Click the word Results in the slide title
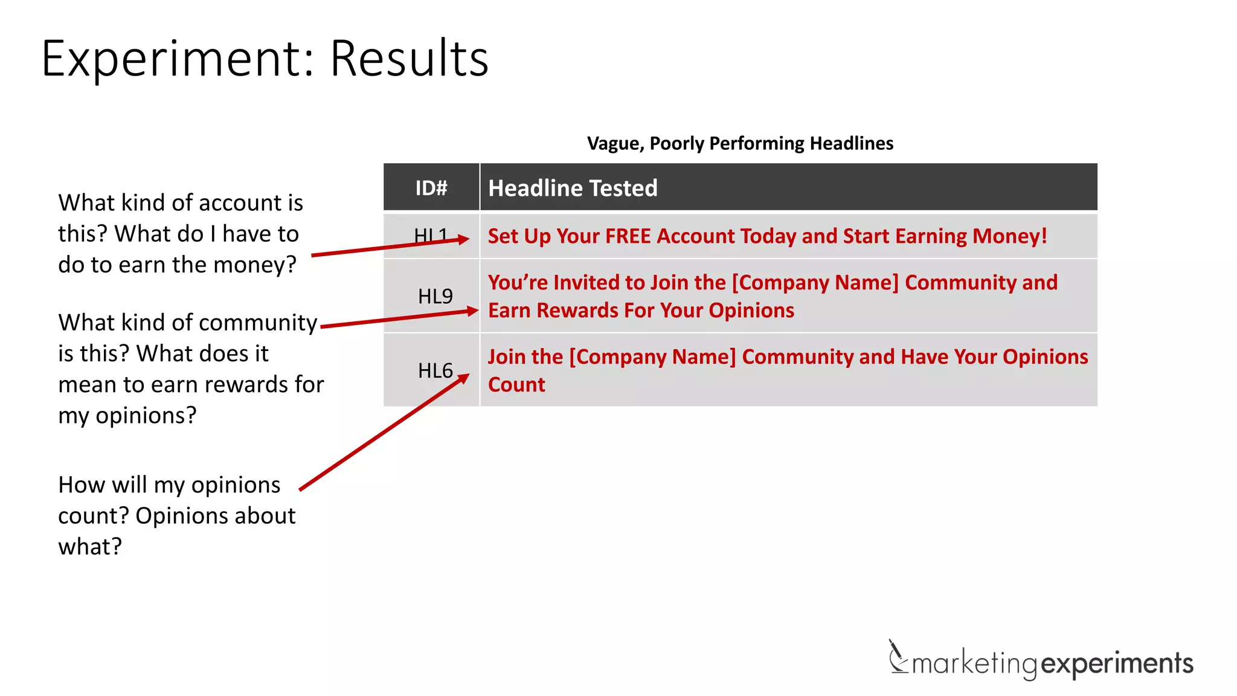coord(409,59)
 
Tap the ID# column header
coord(431,188)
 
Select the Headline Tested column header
coord(573,188)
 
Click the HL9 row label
coord(435,296)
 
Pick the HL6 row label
coord(435,370)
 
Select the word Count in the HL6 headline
coord(516,385)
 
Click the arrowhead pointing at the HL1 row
coord(464,239)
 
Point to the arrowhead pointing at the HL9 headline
coord(472,311)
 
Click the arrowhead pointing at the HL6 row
coord(463,379)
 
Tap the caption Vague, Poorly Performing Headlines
coord(740,143)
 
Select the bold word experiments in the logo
coord(1117,663)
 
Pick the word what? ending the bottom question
coord(90,547)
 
